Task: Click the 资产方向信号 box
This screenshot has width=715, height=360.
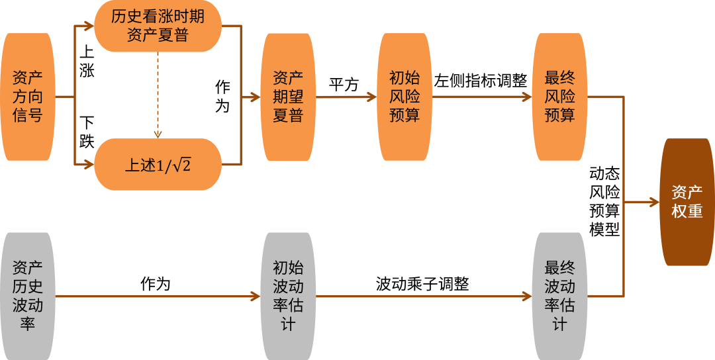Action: (27, 97)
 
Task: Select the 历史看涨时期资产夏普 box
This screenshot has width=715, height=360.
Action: (158, 26)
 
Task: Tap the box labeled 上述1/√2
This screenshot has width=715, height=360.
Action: (158, 164)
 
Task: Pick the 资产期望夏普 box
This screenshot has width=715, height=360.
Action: (288, 97)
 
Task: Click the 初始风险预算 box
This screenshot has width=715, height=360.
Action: (404, 97)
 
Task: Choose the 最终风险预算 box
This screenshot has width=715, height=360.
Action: (559, 97)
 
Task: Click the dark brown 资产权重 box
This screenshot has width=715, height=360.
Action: (687, 202)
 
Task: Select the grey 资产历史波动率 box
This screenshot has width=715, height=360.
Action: (27, 296)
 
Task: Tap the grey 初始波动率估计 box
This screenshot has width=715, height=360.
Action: (288, 296)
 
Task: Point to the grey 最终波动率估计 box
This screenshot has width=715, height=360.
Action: (559, 296)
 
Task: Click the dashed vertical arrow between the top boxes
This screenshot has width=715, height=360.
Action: (158, 96)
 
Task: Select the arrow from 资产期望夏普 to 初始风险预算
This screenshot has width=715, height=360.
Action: (348, 97)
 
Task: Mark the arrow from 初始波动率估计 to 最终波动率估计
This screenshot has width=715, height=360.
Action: (424, 296)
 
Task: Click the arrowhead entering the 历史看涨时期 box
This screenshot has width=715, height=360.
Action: (89, 26)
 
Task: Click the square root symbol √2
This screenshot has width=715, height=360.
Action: (181, 165)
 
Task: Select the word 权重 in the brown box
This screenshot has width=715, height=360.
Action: (687, 212)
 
